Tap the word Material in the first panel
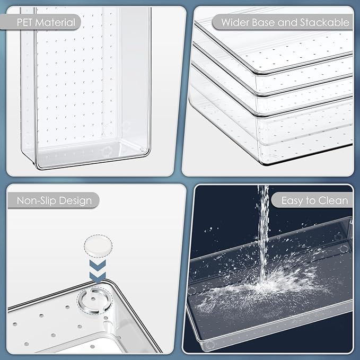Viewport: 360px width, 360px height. (x=55, y=22)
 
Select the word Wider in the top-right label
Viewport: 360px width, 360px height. (x=235, y=22)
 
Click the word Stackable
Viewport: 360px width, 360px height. (x=324, y=22)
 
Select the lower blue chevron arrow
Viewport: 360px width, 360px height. (x=98, y=277)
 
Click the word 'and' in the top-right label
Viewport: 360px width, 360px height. (x=287, y=22)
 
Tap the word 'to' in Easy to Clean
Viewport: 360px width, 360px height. (x=310, y=201)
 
